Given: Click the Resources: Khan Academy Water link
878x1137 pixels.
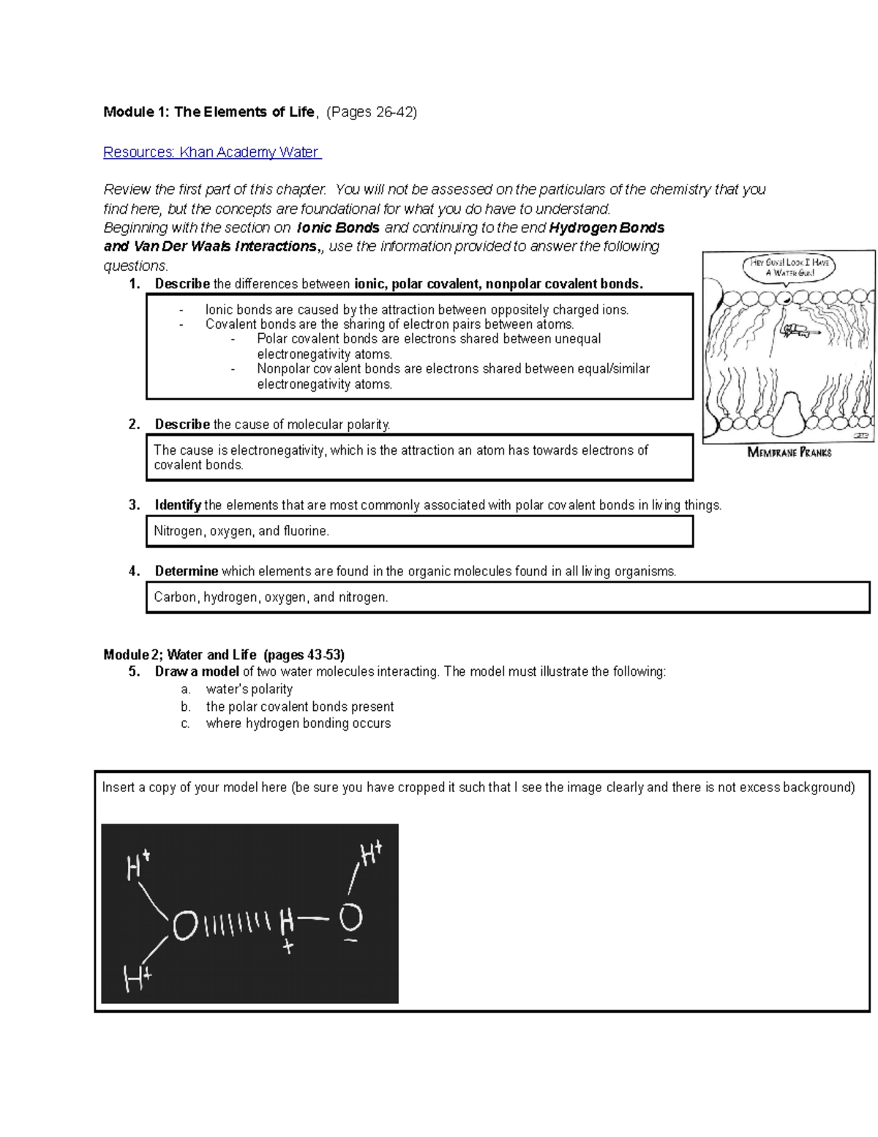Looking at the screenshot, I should [x=211, y=152].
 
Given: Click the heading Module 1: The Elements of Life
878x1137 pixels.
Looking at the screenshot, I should [x=209, y=112].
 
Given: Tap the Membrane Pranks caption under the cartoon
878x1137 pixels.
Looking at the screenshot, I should [x=789, y=452].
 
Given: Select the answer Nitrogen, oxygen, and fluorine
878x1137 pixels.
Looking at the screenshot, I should [x=241, y=531].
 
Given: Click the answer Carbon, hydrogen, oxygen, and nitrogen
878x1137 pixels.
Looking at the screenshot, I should [x=271, y=597].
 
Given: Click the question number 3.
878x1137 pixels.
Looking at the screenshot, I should [x=134, y=505].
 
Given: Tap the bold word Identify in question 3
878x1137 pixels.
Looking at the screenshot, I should [x=178, y=505].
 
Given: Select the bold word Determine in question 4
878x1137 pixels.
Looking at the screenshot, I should [x=187, y=571].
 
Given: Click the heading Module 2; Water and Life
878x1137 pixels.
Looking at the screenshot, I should [x=224, y=655].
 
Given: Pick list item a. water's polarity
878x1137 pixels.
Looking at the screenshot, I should [x=249, y=689].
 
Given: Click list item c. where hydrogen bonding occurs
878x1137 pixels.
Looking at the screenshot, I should [x=298, y=723].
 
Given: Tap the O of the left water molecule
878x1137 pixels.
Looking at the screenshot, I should [x=185, y=926].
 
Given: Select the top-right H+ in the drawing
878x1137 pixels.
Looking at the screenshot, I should [x=370, y=854].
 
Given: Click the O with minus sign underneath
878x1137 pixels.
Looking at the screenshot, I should [x=351, y=918].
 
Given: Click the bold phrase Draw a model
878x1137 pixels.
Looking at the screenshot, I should [x=197, y=672].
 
